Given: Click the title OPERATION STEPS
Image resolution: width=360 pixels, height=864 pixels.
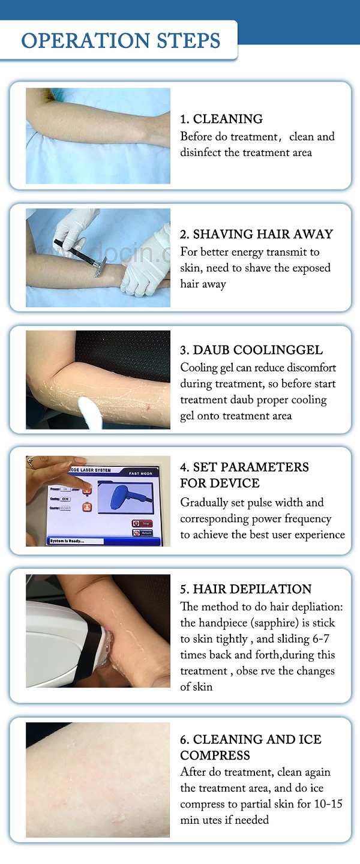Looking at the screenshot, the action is point(121,41).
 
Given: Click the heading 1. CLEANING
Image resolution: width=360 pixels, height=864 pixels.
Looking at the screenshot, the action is point(221,119).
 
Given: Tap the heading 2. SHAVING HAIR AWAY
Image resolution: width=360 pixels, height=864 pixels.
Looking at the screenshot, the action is point(257,234).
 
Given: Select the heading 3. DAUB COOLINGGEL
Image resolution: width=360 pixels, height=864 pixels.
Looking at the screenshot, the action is point(251,350).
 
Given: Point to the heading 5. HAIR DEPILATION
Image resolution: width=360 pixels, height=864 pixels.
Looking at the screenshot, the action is point(246,589).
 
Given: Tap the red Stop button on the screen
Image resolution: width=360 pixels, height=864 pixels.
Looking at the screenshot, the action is point(142,523).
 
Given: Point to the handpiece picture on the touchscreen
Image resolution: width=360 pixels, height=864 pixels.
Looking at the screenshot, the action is point(125,497).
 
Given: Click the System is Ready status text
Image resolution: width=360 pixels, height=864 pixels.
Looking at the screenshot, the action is point(65,541).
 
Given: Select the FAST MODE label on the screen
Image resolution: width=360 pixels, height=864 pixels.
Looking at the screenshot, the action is point(140,473).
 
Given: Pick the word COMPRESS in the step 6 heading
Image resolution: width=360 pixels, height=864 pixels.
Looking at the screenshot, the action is point(215,755).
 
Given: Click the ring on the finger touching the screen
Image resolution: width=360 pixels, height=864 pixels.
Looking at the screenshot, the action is point(30,463).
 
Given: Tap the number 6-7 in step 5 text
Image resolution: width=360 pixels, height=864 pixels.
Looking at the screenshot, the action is point(320,639).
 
